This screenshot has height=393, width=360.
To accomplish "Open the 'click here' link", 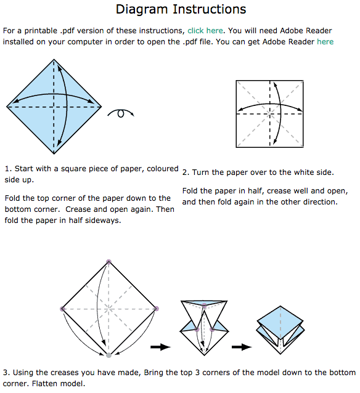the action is pos(205,30).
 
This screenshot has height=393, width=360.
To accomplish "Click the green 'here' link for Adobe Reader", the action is pos(325,42).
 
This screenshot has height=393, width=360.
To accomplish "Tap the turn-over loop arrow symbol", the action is pos(121,113).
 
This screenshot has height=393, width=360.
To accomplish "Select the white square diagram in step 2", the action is pos(269,113).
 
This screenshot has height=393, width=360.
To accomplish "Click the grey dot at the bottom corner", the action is pos(109,355).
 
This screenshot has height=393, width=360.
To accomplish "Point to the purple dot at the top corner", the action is pos(109,262).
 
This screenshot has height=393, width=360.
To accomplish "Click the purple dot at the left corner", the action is pos(62,309).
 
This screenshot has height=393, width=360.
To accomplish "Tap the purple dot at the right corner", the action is pos(156,309).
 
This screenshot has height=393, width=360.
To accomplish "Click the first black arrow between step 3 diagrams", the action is pos(160,347).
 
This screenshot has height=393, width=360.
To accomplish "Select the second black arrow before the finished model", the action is pos(242,347).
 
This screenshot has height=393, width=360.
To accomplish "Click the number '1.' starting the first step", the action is pos(7,169).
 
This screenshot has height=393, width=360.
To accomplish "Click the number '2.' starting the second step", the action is pos(186,173).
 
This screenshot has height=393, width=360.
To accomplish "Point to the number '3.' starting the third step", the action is pos(6,373).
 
